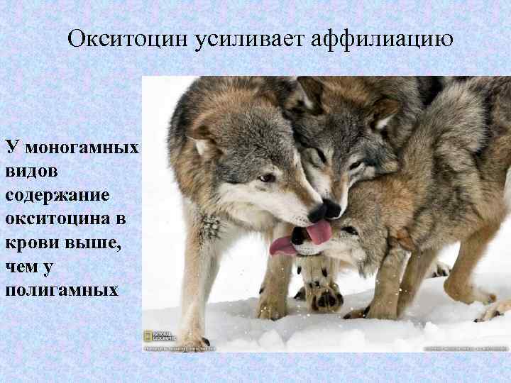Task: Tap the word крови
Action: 28,243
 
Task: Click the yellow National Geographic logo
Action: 148,336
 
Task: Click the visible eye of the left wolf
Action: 267,178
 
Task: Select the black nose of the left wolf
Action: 315,211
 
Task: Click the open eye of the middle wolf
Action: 355,165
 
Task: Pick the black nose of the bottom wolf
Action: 299,234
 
